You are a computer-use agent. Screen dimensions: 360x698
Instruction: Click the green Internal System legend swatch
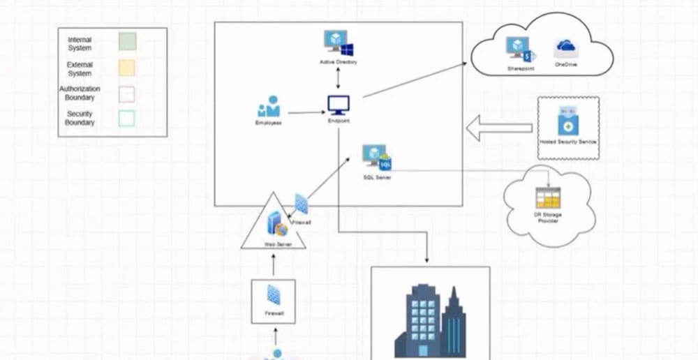coord(126,41)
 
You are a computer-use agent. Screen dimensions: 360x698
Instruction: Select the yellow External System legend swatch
coord(126,67)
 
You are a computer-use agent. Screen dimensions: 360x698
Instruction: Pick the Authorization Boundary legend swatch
coord(126,93)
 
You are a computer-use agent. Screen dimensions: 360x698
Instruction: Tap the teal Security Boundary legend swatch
coord(126,118)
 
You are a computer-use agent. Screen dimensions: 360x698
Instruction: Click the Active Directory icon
coord(339,43)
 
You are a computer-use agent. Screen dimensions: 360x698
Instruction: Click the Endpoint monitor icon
coord(339,105)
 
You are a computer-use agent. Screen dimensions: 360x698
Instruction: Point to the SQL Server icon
coord(378,156)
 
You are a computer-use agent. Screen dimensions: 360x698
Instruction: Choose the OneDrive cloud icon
coord(565,47)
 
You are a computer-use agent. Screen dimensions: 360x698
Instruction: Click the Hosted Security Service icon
coord(567,121)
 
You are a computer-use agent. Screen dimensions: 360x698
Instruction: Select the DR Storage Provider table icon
coord(548,198)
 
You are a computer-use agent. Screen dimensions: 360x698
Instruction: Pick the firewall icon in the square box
coord(274,296)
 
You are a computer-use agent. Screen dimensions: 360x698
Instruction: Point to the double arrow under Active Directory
coord(339,77)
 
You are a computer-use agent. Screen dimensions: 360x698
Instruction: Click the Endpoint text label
coord(339,121)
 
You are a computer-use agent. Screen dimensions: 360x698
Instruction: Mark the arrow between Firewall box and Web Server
coord(274,265)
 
